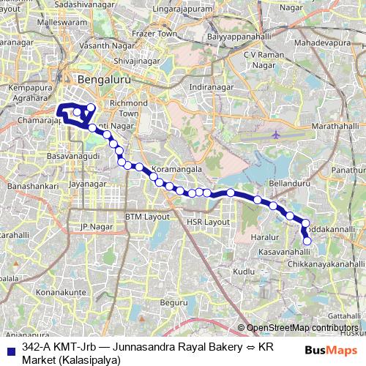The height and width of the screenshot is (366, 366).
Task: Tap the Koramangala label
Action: coord(187,169)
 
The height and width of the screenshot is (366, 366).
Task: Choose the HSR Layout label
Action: coord(208,221)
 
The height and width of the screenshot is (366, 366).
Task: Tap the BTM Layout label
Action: coord(147,217)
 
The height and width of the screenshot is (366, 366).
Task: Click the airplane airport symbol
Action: coord(275,135)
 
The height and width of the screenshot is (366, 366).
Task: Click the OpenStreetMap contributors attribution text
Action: coord(302,328)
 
